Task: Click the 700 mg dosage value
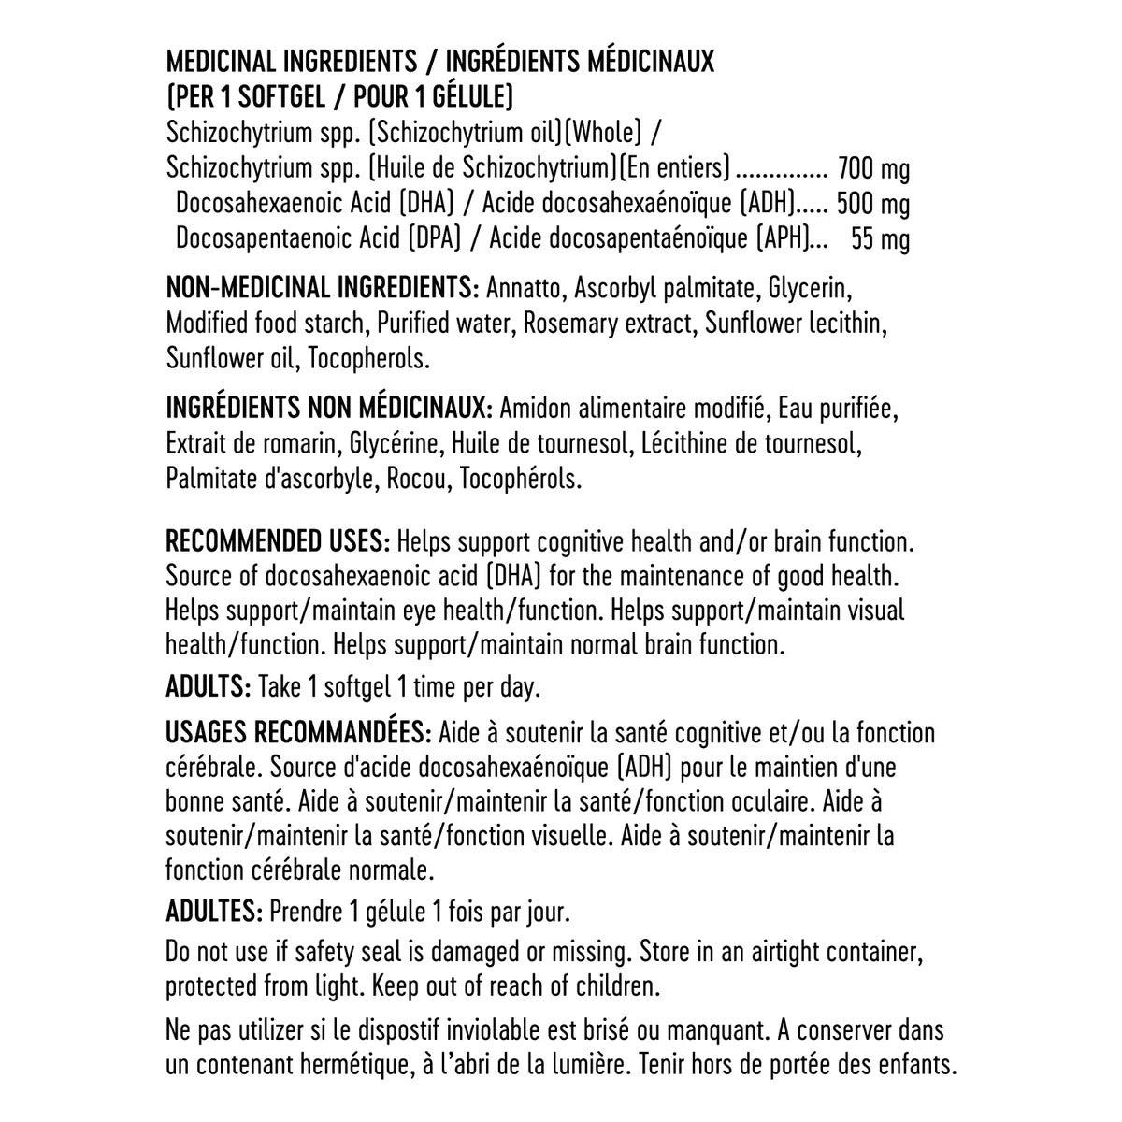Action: (874, 169)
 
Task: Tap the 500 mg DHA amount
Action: (873, 204)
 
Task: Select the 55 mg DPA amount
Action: (880, 239)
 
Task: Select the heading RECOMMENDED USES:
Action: (278, 541)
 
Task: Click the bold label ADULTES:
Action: (214, 911)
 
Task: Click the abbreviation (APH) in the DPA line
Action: (783, 239)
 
